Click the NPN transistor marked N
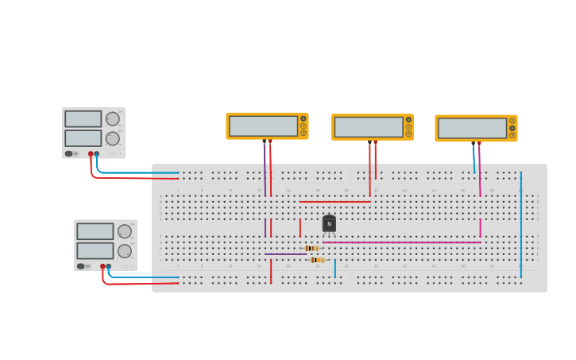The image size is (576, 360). pos(329,223)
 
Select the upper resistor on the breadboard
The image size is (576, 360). pos(311,248)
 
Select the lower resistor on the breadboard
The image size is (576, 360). pos(317,260)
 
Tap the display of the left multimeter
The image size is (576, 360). pos(263,126)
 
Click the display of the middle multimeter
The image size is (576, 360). pos(368,127)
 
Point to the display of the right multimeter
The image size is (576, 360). pos(472,128)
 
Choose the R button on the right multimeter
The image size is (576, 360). pos(512,135)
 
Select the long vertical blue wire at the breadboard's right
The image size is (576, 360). pos(521,223)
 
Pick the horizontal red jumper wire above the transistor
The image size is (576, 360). pos(334,202)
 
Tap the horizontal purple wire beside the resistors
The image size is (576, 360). pos(283,254)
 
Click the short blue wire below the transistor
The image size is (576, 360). pos(335,269)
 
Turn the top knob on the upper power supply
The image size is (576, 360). pos(112,119)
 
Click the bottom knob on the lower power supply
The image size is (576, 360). pos(125,250)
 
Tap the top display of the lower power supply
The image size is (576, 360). pos(95,231)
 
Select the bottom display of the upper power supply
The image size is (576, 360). pos(83,137)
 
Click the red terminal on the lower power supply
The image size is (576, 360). pos(102,266)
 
